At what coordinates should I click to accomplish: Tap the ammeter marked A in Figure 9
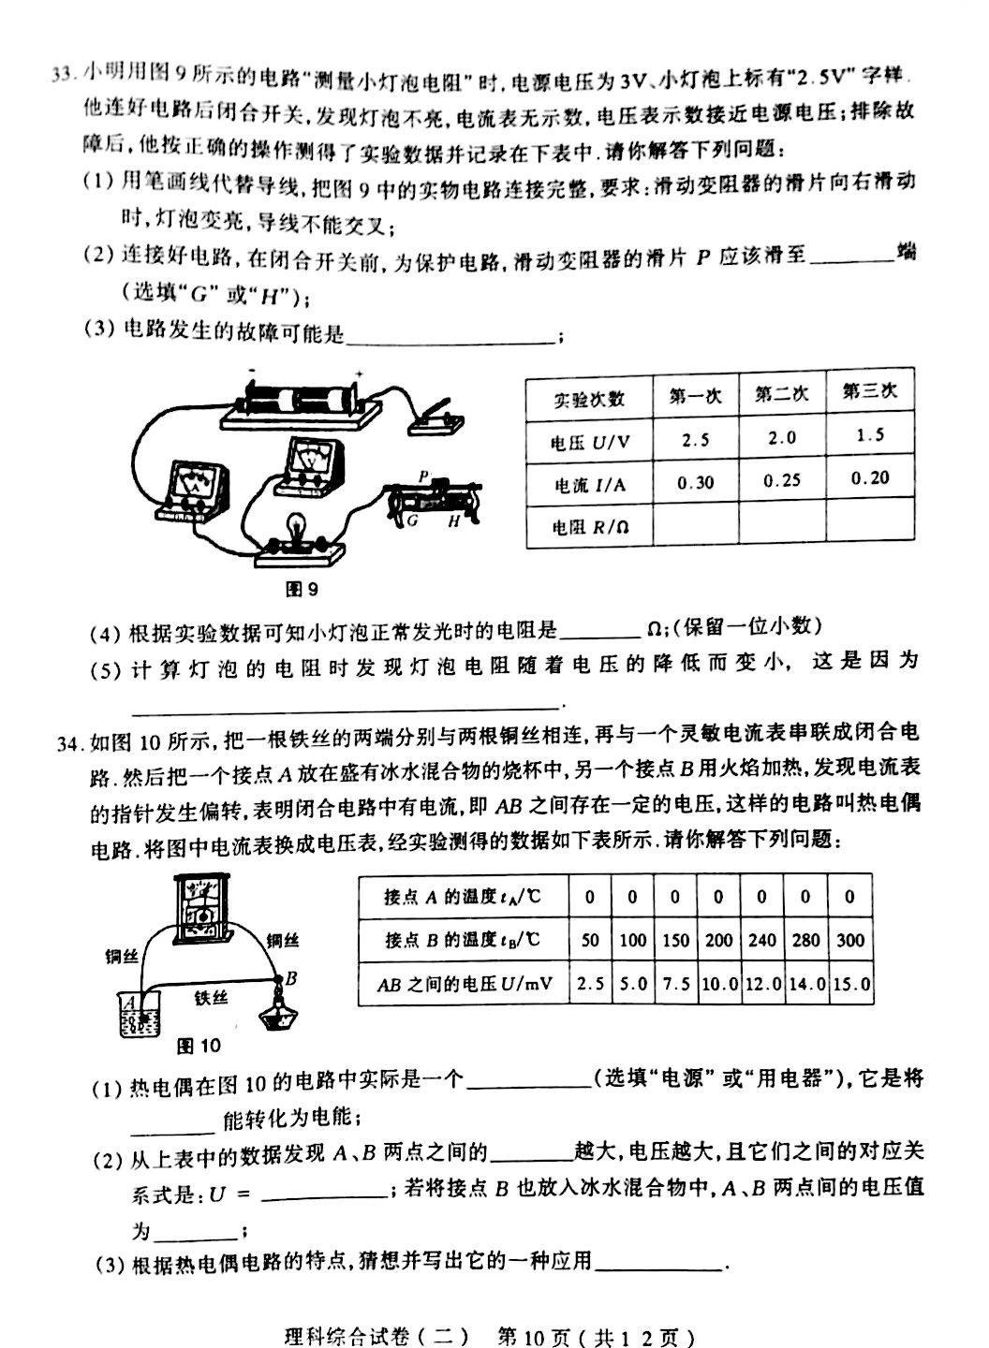(x=194, y=488)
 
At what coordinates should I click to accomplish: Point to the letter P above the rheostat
(x=423, y=476)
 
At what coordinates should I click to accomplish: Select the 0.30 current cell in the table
(x=694, y=482)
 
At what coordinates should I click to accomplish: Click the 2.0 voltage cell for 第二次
(x=780, y=438)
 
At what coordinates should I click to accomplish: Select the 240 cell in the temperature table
(x=762, y=940)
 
